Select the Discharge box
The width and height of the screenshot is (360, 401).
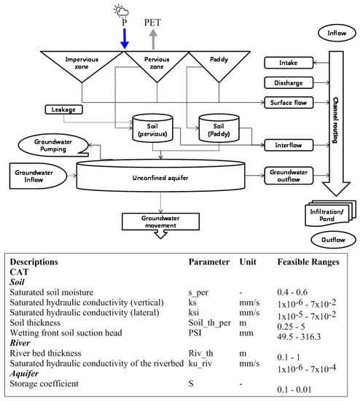click(288, 82)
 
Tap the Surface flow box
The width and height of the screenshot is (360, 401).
click(288, 104)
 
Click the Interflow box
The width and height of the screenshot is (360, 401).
click(288, 145)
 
